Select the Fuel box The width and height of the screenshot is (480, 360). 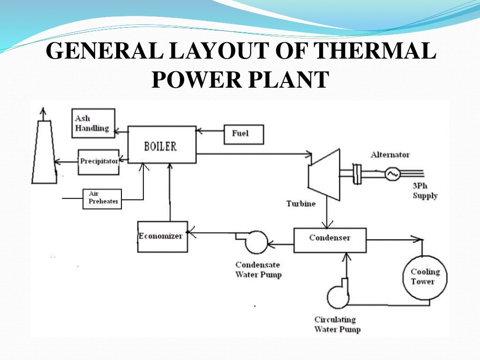pyautogui.click(x=244, y=134)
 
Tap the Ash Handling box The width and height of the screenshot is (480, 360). pyautogui.click(x=93, y=123)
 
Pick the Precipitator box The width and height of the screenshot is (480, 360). pyautogui.click(x=98, y=162)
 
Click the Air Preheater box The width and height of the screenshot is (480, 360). pyautogui.click(x=102, y=199)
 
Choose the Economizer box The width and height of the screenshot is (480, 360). pyautogui.click(x=162, y=236)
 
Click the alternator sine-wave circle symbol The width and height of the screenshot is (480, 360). pyautogui.click(x=392, y=174)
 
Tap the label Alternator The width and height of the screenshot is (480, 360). pyautogui.click(x=390, y=155)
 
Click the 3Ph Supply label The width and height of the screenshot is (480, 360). pyautogui.click(x=425, y=191)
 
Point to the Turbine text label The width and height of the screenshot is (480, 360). pyautogui.click(x=300, y=203)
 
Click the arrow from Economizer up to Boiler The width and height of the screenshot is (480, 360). pyautogui.click(x=170, y=192)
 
